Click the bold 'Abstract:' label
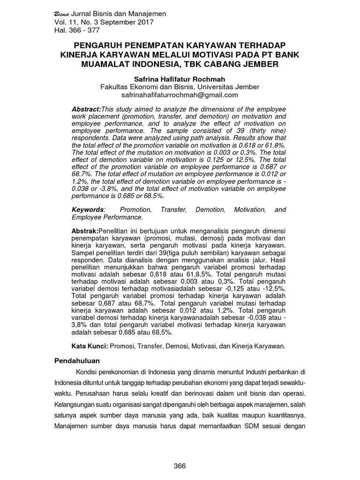(86, 109)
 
